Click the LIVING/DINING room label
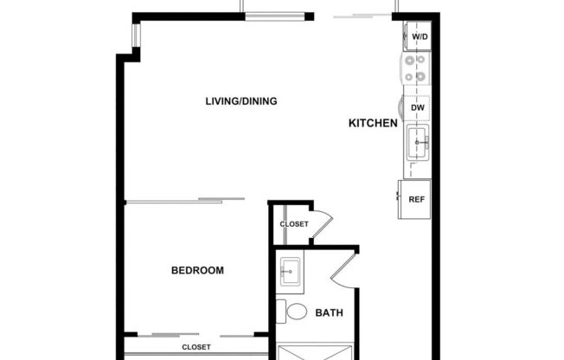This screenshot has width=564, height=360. (240, 101)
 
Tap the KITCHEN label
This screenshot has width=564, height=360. (372, 124)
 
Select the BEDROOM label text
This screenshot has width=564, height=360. (197, 271)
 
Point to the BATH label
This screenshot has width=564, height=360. (329, 312)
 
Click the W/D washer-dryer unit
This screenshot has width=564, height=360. (419, 36)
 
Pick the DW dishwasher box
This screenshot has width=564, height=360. (417, 107)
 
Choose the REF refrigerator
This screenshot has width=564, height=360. (416, 199)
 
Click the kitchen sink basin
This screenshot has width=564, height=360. (419, 141)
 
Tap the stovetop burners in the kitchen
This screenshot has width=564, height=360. (413, 69)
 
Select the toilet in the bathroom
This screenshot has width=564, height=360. (297, 312)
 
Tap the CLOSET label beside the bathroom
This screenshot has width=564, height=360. (294, 224)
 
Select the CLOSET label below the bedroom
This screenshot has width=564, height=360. (197, 347)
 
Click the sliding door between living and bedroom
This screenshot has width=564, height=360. (186, 202)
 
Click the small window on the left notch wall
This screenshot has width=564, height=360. (134, 36)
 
